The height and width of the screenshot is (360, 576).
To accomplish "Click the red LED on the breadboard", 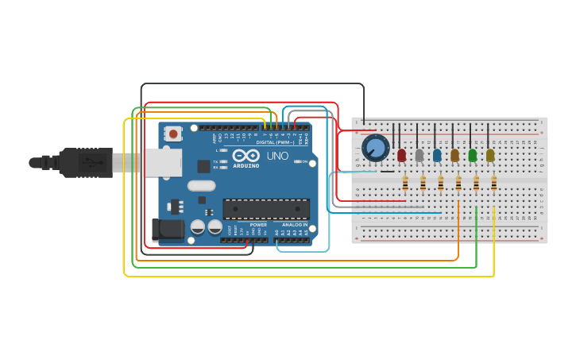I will tap(401, 154).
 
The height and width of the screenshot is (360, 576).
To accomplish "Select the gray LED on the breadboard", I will tap(419, 155).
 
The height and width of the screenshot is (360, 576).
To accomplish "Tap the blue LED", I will tap(437, 155).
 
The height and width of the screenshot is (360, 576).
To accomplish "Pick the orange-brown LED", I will tap(454, 155).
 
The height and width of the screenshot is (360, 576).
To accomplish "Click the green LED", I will tap(473, 155).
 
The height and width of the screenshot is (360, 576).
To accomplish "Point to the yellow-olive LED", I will tap(490, 155).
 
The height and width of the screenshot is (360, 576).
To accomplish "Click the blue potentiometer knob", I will tap(375, 148).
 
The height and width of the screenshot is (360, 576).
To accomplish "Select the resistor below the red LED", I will tap(405, 184).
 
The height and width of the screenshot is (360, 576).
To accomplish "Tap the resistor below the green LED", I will tap(476, 184).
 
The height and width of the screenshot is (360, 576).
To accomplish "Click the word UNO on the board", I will tap(277, 156).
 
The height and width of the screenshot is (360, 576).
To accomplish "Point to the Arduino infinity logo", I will tap(245, 156).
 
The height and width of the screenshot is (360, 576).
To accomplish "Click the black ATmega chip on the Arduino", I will tap(266, 209).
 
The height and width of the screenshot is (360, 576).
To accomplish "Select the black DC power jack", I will tap(167, 230).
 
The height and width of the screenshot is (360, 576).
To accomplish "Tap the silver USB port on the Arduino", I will tap(161, 163).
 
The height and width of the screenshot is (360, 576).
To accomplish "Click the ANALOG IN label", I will tap(291, 225).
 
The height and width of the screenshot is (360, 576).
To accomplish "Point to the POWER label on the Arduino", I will tap(258, 225).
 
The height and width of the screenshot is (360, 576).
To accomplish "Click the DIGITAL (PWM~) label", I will tap(275, 142).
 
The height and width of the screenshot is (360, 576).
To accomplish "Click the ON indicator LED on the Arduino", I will tap(299, 161).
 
